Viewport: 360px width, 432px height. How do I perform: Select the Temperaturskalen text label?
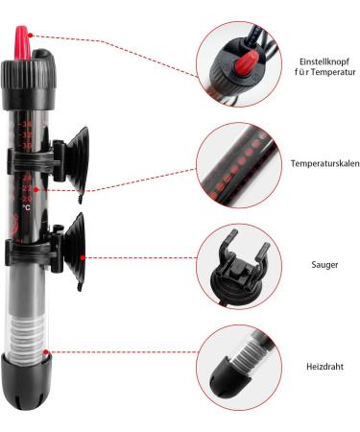pyautogui.click(x=325, y=164)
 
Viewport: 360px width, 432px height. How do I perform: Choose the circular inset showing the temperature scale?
pyautogui.click(x=236, y=163)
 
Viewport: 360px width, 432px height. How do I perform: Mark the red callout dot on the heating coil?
pyautogui.click(x=46, y=353)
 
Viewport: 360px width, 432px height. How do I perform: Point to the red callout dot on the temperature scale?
pyautogui.click(x=47, y=191)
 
